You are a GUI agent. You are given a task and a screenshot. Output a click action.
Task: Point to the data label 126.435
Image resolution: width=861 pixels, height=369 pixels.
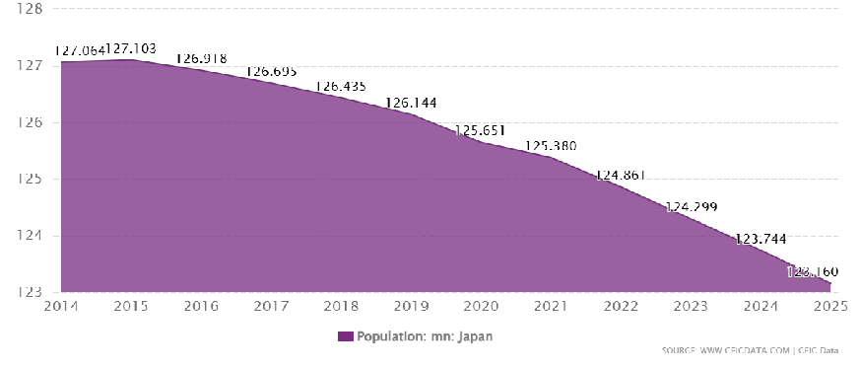(342, 87)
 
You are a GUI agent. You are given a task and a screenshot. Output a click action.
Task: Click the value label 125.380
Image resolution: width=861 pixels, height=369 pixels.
(552, 146)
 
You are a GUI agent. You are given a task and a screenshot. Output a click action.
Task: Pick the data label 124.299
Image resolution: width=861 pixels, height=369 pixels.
(692, 207)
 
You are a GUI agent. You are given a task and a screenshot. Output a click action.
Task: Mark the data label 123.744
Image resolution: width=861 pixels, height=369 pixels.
(762, 239)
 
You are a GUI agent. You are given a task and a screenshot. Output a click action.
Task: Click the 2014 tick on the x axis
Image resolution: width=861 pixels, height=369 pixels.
(61, 306)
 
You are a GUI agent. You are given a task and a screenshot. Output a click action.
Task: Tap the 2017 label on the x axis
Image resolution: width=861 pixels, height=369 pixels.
(272, 306)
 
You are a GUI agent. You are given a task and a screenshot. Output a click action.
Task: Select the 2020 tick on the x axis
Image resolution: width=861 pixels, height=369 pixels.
(482, 306)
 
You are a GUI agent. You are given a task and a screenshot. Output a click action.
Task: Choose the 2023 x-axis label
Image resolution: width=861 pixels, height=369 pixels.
(692, 306)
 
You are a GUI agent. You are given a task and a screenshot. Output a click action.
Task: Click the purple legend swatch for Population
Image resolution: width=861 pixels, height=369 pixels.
(345, 336)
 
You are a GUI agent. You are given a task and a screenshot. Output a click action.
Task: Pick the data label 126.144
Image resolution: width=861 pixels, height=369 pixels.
(412, 103)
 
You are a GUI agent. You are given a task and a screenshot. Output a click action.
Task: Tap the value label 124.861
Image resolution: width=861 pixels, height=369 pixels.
(622, 176)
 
